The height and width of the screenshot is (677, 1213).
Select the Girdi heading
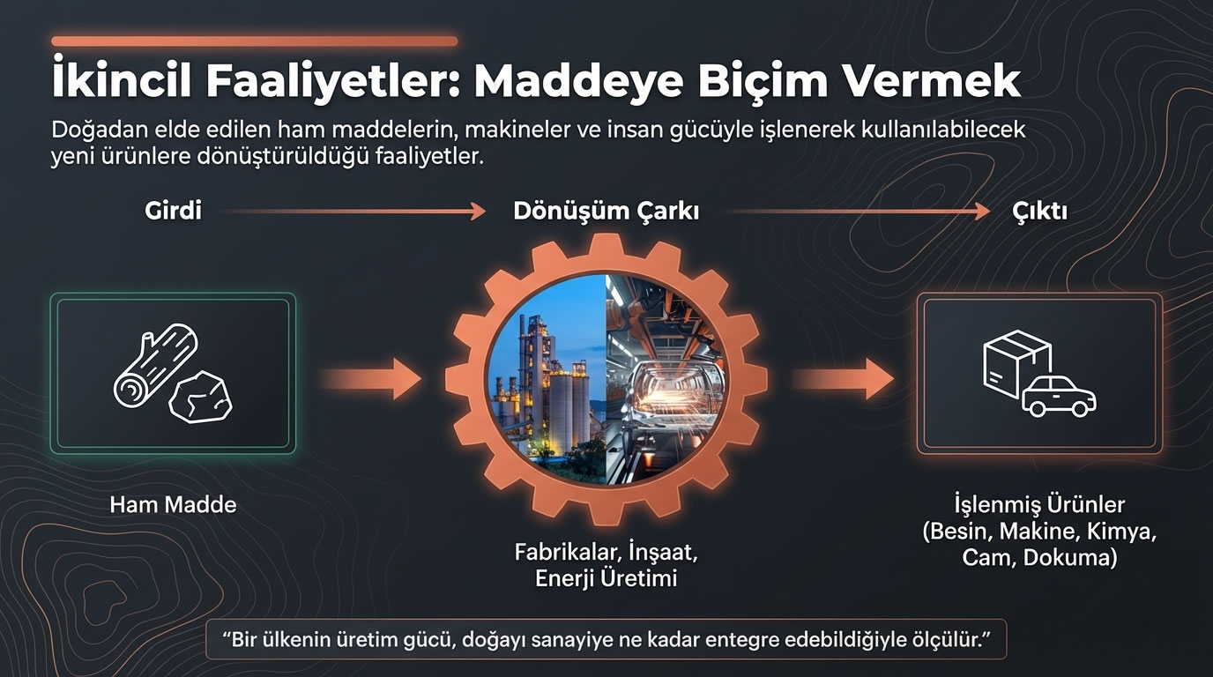point(173,212)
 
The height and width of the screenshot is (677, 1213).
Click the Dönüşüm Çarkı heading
point(606,212)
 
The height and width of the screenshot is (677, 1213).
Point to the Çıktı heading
point(1039,212)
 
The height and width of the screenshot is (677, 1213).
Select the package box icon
point(1016,361)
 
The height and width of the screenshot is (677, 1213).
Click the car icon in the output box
point(1059,398)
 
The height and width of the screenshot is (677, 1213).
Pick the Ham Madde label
point(173,505)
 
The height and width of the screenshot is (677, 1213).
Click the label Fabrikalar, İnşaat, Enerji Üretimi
point(606,566)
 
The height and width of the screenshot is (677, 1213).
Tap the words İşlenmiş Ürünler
point(1039,505)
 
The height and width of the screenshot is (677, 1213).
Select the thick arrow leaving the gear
point(843,380)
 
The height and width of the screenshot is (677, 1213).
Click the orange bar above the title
point(254,41)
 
